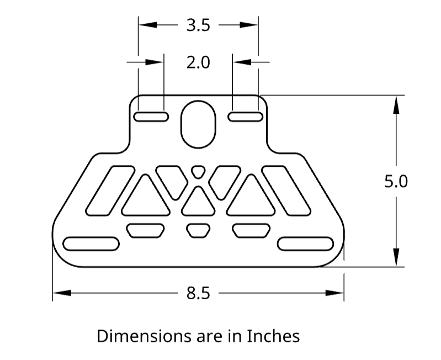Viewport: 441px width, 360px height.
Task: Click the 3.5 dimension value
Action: (198, 25)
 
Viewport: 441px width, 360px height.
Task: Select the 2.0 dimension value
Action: (198, 62)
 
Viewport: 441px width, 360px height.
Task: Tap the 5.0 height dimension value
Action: (396, 181)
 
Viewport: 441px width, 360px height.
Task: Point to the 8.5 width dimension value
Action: (198, 293)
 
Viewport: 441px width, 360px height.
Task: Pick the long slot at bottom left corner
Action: (91, 243)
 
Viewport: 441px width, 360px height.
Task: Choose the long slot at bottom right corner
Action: (306, 243)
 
